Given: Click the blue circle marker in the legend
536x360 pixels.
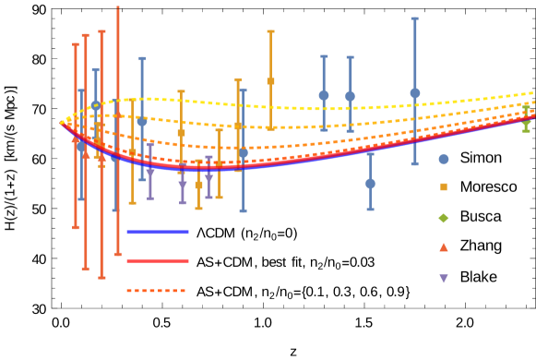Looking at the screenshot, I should pyautogui.click(x=444, y=159).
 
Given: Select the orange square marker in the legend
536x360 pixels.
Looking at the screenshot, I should pyautogui.click(x=444, y=186).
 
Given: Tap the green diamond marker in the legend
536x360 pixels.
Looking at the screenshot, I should pyautogui.click(x=444, y=218).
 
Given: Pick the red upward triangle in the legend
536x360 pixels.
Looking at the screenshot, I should pyautogui.click(x=444, y=247).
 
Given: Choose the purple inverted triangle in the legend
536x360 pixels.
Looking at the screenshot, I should pyautogui.click(x=444, y=278).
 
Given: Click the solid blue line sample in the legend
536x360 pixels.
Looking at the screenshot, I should pyautogui.click(x=158, y=232).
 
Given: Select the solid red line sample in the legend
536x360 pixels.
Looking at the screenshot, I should pyautogui.click(x=158, y=260).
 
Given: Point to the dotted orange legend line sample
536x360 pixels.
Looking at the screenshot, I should pyautogui.click(x=157, y=291).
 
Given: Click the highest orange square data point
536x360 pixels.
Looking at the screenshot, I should pyautogui.click(x=270, y=81).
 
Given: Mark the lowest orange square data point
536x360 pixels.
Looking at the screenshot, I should pyautogui.click(x=198, y=185).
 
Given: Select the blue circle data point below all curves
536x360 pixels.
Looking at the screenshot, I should pyautogui.click(x=370, y=183).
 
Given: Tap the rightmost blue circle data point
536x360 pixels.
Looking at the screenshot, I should pyautogui.click(x=415, y=93).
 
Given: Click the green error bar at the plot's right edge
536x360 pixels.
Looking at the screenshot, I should pyautogui.click(x=526, y=117).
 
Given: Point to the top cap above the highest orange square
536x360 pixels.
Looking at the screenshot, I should pyautogui.click(x=270, y=31).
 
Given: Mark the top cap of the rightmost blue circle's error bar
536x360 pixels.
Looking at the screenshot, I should pyautogui.click(x=415, y=18).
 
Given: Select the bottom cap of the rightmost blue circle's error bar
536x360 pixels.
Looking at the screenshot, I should pyautogui.click(x=415, y=164).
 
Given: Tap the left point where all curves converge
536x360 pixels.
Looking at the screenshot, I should pyautogui.click(x=63, y=123).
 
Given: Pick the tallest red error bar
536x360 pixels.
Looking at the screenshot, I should pyautogui.click(x=118, y=129).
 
